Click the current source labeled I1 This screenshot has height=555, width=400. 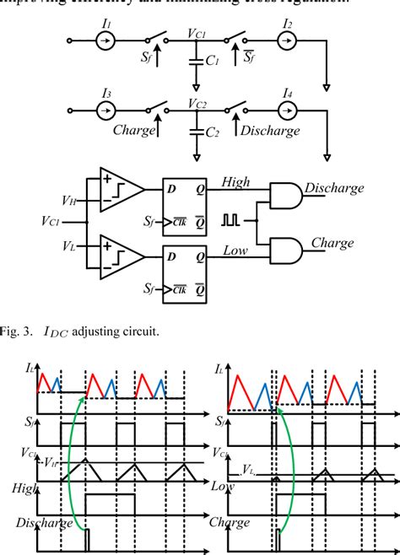[x=106, y=40]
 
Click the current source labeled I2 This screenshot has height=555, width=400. [x=288, y=40]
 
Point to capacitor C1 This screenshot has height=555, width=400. [x=197, y=62]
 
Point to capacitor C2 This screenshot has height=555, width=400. [x=197, y=132]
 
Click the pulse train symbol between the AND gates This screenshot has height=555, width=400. [x=230, y=222]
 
